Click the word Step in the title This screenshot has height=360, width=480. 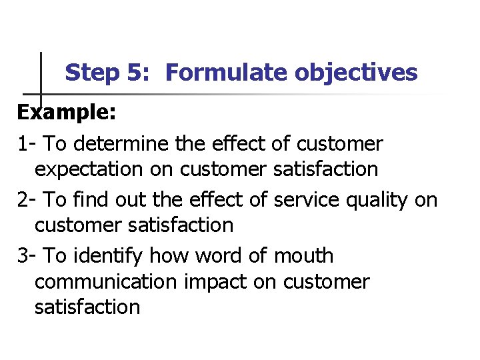coord(92,73)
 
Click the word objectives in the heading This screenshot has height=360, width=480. coord(357,73)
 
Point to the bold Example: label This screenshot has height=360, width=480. coord(67,112)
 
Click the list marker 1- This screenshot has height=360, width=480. coord(27,144)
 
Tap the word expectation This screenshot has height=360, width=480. coord(88,169)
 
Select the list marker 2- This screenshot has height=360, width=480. coord(27,200)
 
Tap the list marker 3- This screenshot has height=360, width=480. coord(27,256)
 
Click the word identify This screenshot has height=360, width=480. coord(111,256)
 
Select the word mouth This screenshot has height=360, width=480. coord(302,256)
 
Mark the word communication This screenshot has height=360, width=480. coord(105,281)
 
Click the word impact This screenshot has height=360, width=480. coord(215,282)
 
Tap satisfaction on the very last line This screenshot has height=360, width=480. coord(87,307)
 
